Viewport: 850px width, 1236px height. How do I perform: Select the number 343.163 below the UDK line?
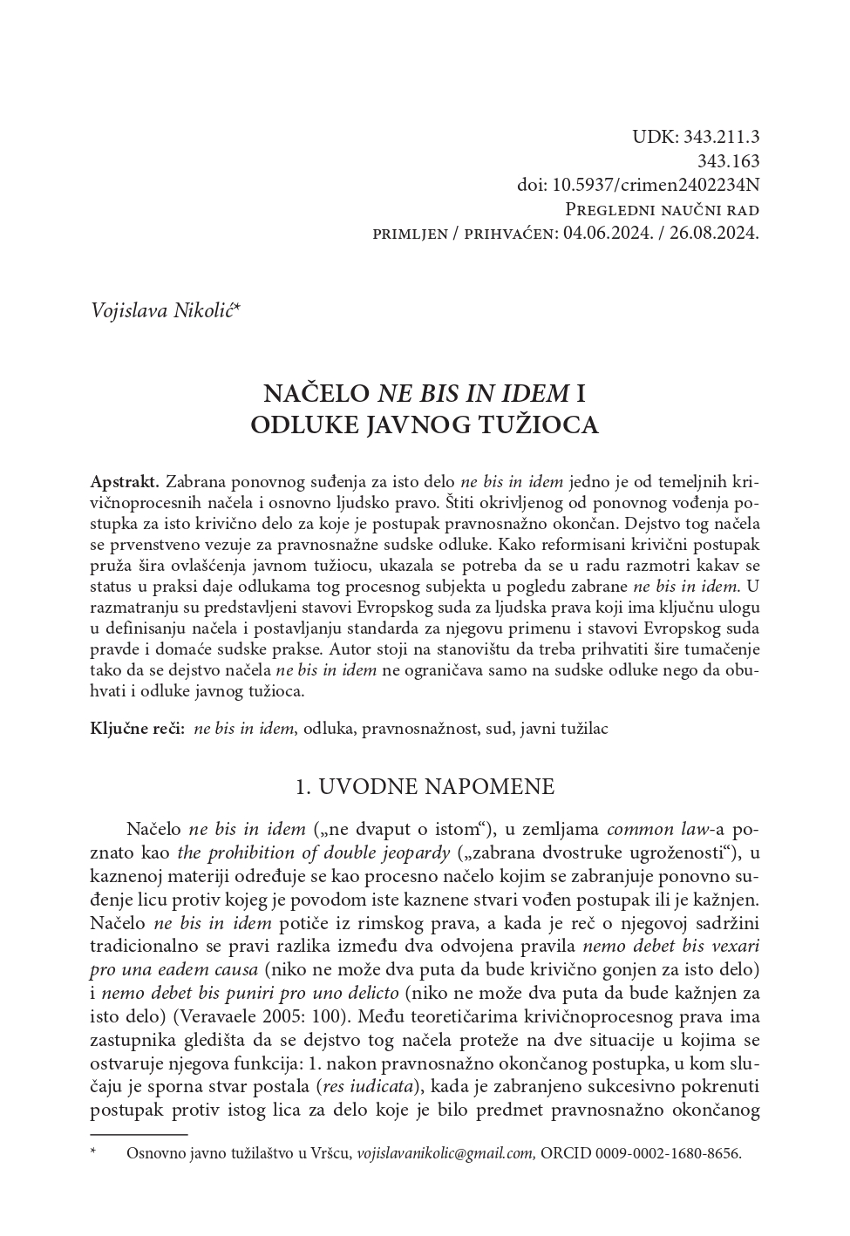729,160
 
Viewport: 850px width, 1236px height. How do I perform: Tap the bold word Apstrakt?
125,481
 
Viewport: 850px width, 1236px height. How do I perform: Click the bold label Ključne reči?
137,729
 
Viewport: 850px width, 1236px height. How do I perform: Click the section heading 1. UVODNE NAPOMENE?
425,786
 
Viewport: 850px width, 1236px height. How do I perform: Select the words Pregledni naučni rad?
663,209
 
